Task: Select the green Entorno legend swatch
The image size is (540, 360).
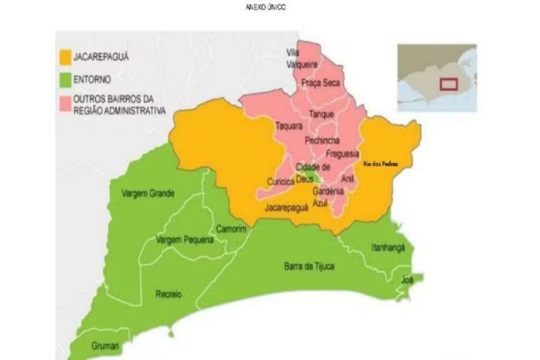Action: tap(65, 80)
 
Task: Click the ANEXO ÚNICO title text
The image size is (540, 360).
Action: tap(266, 7)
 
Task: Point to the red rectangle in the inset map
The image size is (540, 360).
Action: tap(449, 84)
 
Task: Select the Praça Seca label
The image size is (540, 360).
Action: tap(321, 83)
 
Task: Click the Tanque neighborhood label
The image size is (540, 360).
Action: tap(321, 114)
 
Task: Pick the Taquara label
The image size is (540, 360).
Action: tap(288, 126)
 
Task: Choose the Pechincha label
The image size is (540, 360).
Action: tap(322, 140)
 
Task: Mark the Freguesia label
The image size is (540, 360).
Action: tap(343, 154)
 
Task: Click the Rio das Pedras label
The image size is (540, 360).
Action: tap(380, 164)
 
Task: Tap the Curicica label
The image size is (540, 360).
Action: tap(281, 181)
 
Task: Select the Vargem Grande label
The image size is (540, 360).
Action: tap(148, 193)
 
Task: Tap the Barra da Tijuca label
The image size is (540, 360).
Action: tap(308, 266)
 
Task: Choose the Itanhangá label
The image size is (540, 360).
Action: tap(388, 247)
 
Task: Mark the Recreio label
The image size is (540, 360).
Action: tap(168, 294)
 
